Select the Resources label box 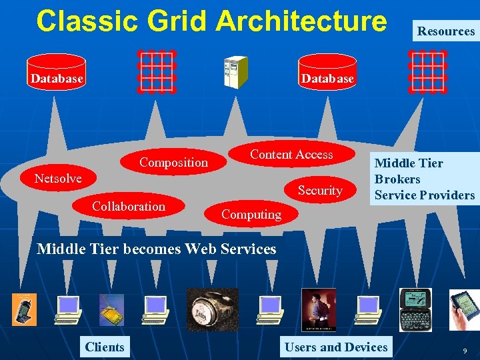tap(445, 31)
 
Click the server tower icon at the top tap(235, 72)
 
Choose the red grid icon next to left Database tap(157, 71)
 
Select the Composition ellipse tap(173, 162)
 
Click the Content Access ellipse tap(291, 155)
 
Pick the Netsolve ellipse tap(58, 178)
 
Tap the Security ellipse tap(320, 191)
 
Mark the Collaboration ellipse tap(129, 207)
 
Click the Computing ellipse tap(251, 214)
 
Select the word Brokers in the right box tap(397, 179)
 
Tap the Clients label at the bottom tap(105, 347)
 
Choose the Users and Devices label tap(335, 347)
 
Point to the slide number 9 tap(465, 349)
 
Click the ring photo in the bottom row tap(212, 309)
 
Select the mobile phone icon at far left tap(25, 309)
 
